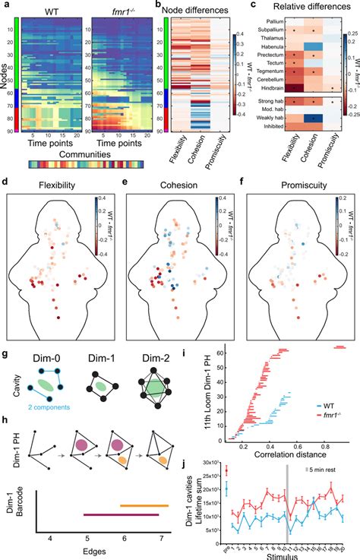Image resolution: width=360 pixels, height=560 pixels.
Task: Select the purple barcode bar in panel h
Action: coord(120,514)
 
